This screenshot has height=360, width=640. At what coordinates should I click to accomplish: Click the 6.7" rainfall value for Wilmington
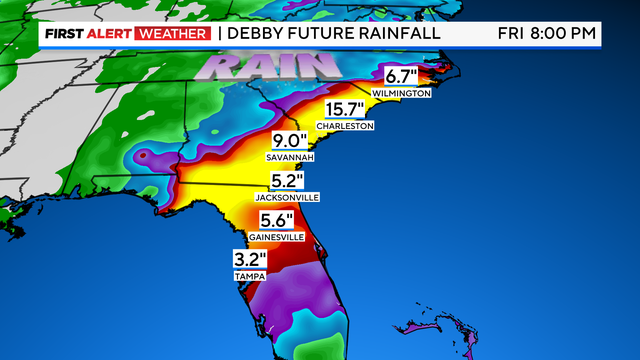(400, 76)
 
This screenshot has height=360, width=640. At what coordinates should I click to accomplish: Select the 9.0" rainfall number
(290, 142)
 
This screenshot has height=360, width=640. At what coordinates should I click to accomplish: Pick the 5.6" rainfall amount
(276, 220)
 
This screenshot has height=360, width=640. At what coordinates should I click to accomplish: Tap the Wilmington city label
(400, 93)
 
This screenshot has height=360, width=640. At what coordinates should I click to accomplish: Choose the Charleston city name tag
(345, 126)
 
